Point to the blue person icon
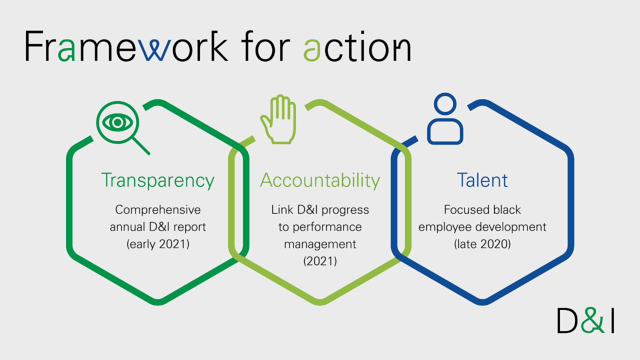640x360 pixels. tap(445, 119)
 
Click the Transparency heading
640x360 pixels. tap(157, 180)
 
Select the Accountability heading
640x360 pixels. tap(320, 180)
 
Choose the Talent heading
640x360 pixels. tap(482, 180)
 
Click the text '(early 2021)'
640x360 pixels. tap(157, 244)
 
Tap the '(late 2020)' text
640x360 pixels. tap(482, 244)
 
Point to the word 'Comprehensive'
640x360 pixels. tap(157, 209)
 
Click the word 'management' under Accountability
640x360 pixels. tap(320, 244)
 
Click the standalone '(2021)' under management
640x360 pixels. tap(320, 261)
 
